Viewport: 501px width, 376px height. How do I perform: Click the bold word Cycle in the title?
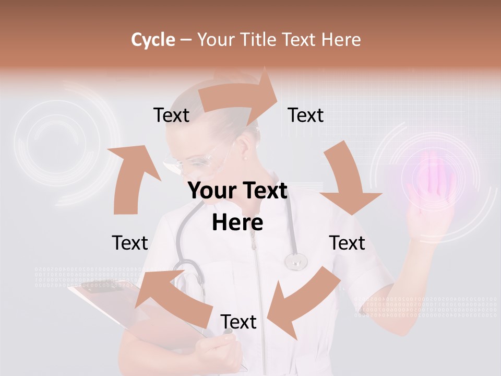click(153, 40)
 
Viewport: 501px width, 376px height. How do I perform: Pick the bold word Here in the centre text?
click(237, 222)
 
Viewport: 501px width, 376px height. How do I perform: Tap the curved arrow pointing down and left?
click(303, 303)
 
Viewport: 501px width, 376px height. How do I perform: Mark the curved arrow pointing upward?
click(133, 178)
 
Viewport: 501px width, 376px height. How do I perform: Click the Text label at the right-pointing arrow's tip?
click(306, 115)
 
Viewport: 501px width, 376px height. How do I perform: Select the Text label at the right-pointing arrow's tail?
click(171, 115)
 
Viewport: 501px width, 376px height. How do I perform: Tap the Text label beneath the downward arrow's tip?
click(347, 243)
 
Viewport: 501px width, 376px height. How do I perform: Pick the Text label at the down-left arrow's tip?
click(238, 322)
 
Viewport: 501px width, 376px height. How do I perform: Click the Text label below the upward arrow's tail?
click(130, 243)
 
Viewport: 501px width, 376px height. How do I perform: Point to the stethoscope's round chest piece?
click(296, 261)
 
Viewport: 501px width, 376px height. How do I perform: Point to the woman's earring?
click(245, 156)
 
